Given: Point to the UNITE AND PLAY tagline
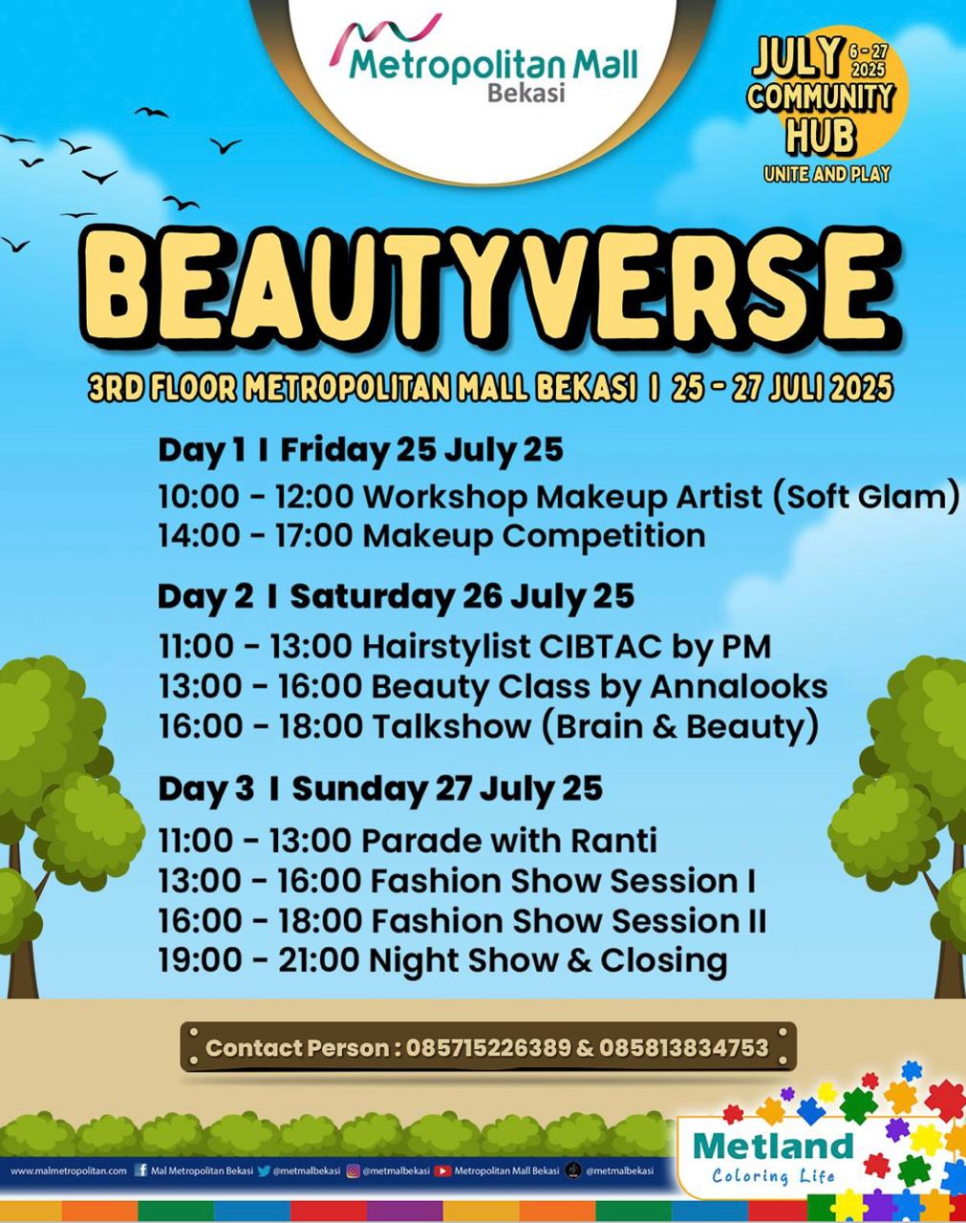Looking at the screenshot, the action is pyautogui.click(x=826, y=173).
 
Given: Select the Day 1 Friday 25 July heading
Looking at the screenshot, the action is pyautogui.click(x=360, y=451).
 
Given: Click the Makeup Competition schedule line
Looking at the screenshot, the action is pyautogui.click(x=432, y=536).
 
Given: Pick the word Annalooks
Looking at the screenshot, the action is pyautogui.click(x=739, y=687).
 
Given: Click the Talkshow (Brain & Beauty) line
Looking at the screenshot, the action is pyautogui.click(x=488, y=727).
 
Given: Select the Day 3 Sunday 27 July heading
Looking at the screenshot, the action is pyautogui.click(x=380, y=789).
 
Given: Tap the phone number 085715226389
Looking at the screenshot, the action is pyautogui.click(x=488, y=1047).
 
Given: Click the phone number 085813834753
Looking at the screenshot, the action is pyautogui.click(x=683, y=1047).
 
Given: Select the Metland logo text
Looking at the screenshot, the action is pyautogui.click(x=774, y=1147).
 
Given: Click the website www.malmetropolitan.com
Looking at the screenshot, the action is pyautogui.click(x=69, y=1170).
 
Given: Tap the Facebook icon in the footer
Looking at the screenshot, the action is pyautogui.click(x=140, y=1170).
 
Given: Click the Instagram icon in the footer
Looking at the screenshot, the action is pyautogui.click(x=354, y=1170).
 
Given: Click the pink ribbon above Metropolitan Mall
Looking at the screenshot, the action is pyautogui.click(x=385, y=38).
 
